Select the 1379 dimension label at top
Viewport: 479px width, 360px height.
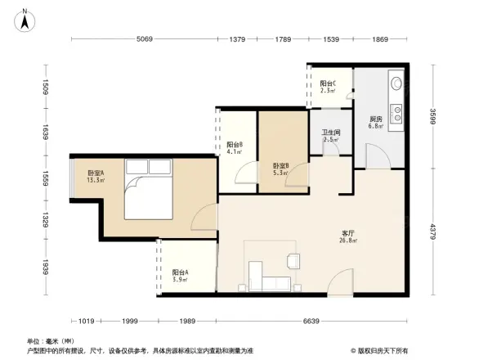[x=238, y=39]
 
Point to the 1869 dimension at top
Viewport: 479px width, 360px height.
[x=381, y=39]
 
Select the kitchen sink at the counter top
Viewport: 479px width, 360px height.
[x=396, y=83]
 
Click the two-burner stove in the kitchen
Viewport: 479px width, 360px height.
[x=396, y=113]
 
